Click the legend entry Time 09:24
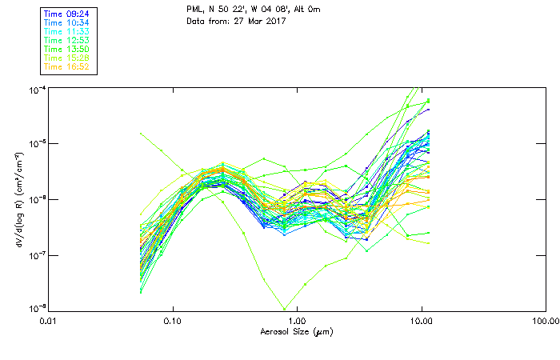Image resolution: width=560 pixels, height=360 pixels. [x=67, y=14]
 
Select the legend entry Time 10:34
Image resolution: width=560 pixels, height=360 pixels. [x=67, y=22]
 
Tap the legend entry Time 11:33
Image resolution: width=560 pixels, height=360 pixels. [x=67, y=31]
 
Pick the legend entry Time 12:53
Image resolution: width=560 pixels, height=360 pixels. [x=67, y=40]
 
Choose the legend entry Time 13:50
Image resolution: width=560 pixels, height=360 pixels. [x=67, y=49]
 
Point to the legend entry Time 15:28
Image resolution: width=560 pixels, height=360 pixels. [x=67, y=58]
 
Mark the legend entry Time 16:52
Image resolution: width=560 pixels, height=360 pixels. [x=67, y=66]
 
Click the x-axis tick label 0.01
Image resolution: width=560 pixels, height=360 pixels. [x=49, y=322]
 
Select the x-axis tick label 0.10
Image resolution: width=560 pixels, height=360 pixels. [x=173, y=322]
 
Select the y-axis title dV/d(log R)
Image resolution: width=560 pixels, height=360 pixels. [x=18, y=199]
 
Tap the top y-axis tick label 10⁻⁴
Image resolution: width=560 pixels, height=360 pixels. [x=38, y=89]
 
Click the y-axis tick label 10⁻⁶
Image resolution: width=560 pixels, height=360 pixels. [x=38, y=199]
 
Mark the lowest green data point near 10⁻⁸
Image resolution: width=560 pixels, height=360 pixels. [x=284, y=309]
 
